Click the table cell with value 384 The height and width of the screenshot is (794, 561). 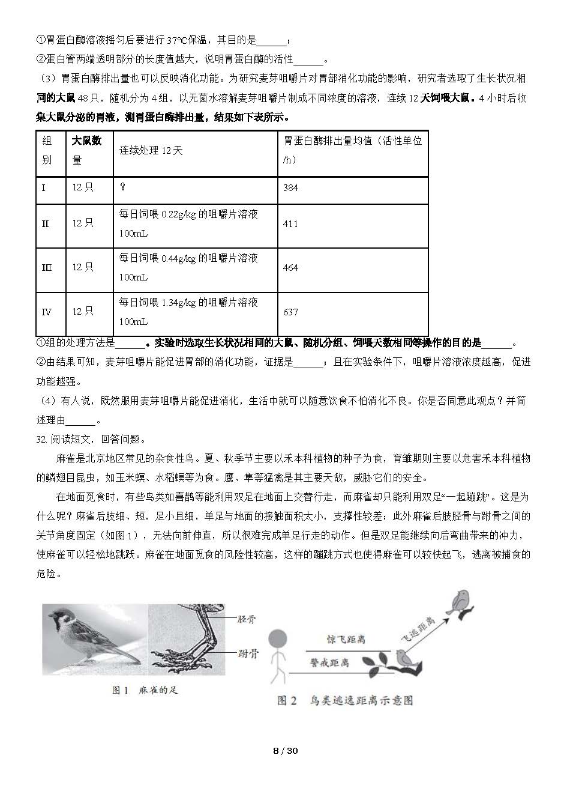(x=290, y=188)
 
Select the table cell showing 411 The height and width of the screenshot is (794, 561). (x=290, y=224)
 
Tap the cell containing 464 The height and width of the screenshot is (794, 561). (x=290, y=268)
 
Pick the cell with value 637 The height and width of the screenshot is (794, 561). (x=290, y=312)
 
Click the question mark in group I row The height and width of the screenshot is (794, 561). (x=122, y=187)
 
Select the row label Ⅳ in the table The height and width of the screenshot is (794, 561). (x=46, y=312)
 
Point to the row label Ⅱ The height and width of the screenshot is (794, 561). (x=45, y=224)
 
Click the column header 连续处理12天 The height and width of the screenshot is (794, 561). (x=151, y=151)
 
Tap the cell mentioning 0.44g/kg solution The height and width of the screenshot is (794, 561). (x=188, y=267)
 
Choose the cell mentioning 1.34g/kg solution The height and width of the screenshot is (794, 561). (x=188, y=312)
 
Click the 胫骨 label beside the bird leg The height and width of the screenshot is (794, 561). (x=246, y=619)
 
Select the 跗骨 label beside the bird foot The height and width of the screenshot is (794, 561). (x=246, y=653)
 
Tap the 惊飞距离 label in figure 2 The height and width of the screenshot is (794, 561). (x=346, y=640)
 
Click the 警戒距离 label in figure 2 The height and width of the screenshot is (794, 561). (x=329, y=662)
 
